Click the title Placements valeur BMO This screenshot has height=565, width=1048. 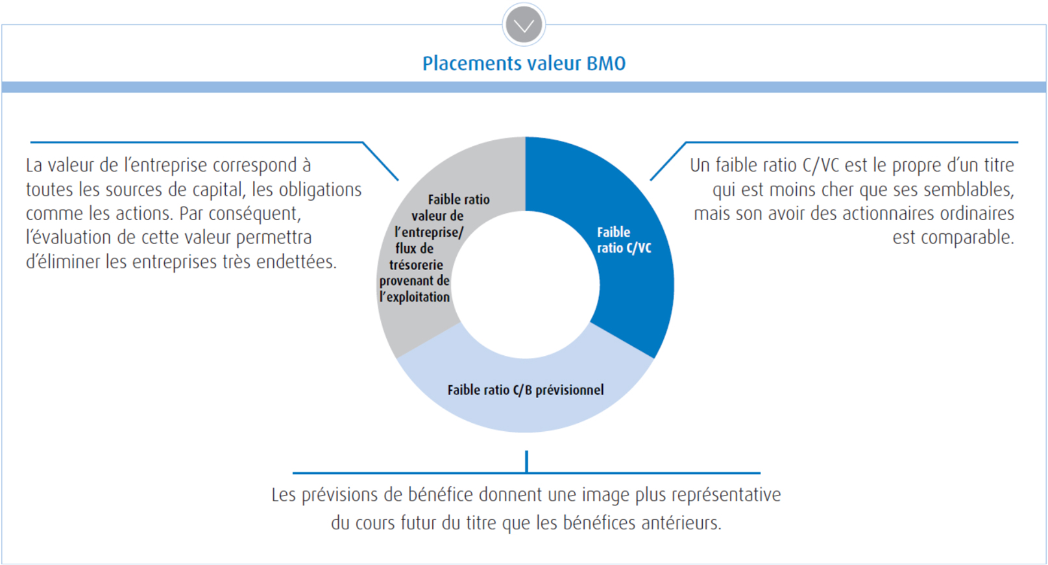(x=524, y=64)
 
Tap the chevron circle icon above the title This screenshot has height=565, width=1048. (x=524, y=25)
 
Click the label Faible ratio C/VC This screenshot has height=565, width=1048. (x=624, y=240)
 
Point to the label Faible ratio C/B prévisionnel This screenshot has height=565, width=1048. (x=525, y=390)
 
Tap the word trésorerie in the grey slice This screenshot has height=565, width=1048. (x=416, y=265)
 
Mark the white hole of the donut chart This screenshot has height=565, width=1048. (x=525, y=284)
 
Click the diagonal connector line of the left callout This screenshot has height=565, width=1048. (x=380, y=161)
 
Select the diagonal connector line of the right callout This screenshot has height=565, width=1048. (x=668, y=161)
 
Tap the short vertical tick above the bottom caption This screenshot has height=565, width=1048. (x=526, y=461)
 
